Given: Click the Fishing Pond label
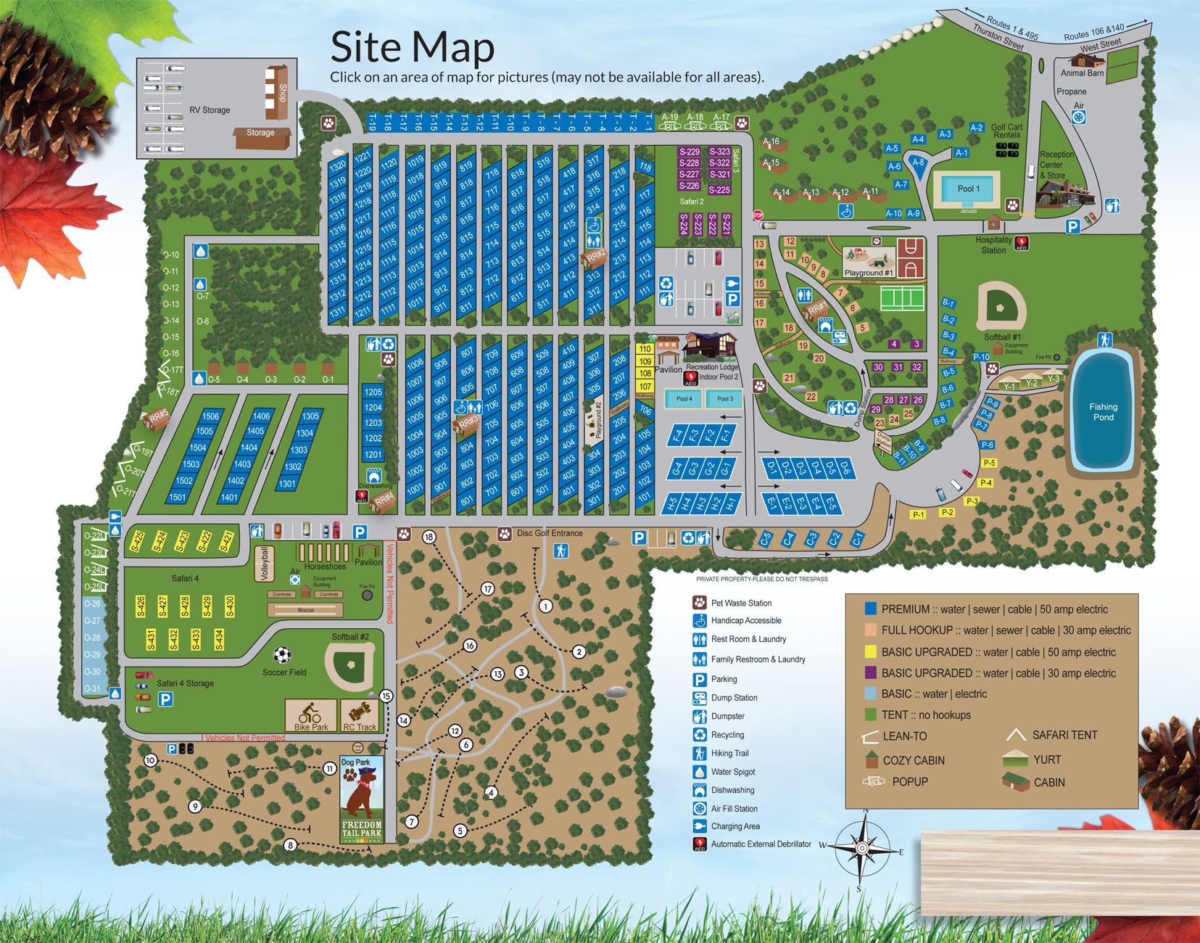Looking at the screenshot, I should (1103, 412).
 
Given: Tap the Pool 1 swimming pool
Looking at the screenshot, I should (968, 189).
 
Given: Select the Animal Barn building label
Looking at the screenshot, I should (1082, 73).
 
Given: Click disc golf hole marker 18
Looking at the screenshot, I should (429, 537).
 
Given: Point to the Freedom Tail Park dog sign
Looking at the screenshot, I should (360, 800).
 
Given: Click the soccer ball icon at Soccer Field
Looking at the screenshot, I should (284, 655).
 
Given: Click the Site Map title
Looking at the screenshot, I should (412, 47).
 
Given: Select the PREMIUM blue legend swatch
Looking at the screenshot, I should (871, 609).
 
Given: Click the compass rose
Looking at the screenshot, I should (861, 847).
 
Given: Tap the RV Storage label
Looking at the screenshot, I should (210, 110).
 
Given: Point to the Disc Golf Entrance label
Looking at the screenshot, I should (550, 533).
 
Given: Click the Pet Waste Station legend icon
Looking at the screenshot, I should (699, 602).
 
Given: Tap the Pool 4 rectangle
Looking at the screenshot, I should (684, 399).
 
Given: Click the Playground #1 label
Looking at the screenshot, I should (869, 273).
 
